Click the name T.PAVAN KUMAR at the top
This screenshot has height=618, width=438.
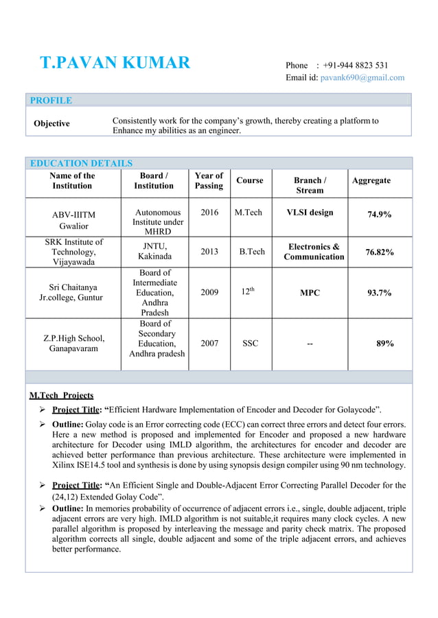(115, 64)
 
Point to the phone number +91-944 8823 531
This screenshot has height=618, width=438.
(356, 65)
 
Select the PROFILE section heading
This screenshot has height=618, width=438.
(51, 100)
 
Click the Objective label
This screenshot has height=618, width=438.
(52, 123)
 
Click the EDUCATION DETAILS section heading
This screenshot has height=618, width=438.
(81, 163)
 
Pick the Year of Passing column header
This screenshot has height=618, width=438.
(209, 180)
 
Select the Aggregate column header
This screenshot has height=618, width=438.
(371, 180)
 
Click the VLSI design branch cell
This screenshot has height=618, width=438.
(310, 213)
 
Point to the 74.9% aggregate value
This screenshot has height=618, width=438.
(379, 214)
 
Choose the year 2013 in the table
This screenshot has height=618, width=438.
(209, 252)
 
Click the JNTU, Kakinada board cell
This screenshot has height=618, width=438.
(154, 251)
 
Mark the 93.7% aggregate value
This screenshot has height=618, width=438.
(379, 293)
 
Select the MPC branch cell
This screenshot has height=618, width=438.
(310, 293)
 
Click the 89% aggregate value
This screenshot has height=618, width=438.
(384, 343)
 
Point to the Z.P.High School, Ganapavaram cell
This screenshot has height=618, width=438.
(73, 343)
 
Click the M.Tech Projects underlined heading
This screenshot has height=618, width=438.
(62, 395)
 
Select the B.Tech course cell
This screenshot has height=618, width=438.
(251, 252)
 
